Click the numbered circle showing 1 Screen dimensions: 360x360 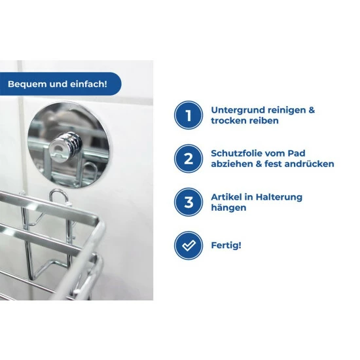tap(189, 115)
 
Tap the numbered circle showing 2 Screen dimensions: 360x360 tap(189, 158)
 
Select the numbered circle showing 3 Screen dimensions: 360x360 tap(189, 202)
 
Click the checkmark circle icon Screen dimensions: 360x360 tap(189, 245)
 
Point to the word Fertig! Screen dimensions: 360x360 tap(226, 245)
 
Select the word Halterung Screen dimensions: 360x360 tap(279, 197)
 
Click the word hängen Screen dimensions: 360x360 tap(228, 207)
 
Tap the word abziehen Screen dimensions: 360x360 tap(232, 164)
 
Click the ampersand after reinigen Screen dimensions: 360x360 tap(312, 110)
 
